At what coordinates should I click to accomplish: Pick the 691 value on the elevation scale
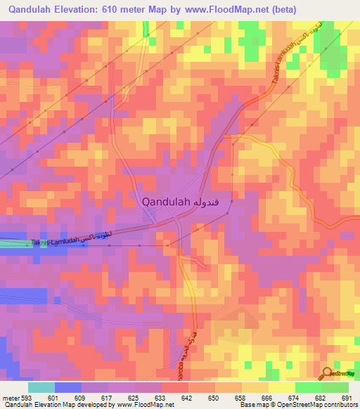click(x=346, y=397)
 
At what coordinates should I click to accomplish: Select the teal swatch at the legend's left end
click(x=41, y=387)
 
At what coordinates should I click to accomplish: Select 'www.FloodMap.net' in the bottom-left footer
click(x=144, y=405)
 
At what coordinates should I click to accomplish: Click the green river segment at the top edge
click(x=146, y=28)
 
